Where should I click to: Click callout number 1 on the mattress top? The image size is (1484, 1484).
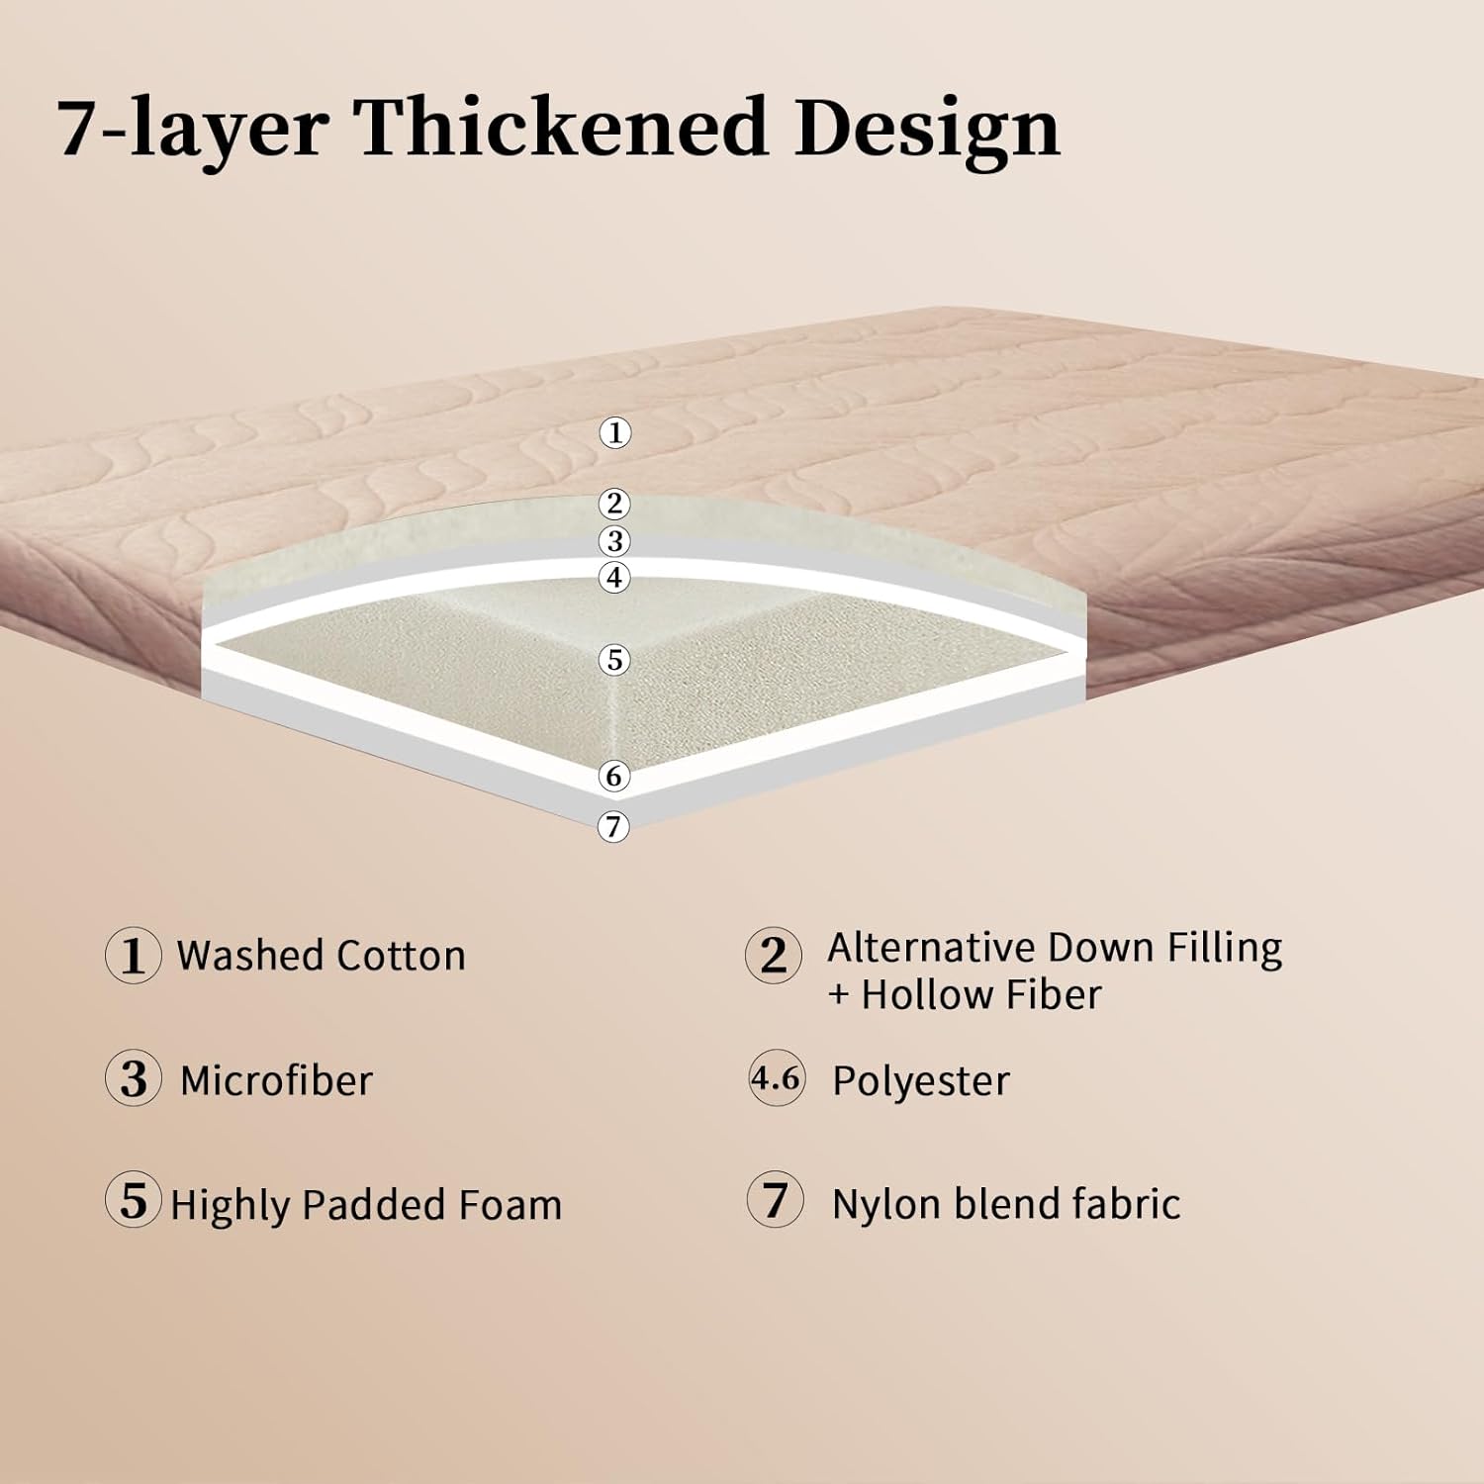tap(615, 432)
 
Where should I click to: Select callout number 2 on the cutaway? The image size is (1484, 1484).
tap(615, 504)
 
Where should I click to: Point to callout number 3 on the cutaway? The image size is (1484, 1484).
tap(615, 540)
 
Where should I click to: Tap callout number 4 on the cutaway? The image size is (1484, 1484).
tap(615, 577)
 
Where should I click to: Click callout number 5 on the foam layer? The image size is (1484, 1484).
tap(614, 660)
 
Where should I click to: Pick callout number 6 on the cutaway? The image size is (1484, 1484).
tap(614, 776)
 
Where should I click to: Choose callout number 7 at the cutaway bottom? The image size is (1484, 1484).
tap(613, 825)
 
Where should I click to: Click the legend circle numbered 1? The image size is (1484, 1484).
tap(133, 956)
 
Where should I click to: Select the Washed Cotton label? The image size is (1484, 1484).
tap(322, 956)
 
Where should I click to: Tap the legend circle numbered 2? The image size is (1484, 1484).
tap(774, 956)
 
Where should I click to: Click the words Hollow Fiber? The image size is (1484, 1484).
tap(980, 994)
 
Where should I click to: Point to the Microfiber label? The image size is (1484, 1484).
tap(276, 1080)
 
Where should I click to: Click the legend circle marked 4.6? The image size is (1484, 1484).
tap(777, 1077)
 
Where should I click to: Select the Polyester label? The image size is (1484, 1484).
tap(921, 1081)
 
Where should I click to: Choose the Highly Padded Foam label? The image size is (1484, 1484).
tap(366, 1205)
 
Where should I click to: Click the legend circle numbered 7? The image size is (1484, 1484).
tap(776, 1199)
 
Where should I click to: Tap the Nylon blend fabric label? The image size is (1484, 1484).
tap(1006, 1204)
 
